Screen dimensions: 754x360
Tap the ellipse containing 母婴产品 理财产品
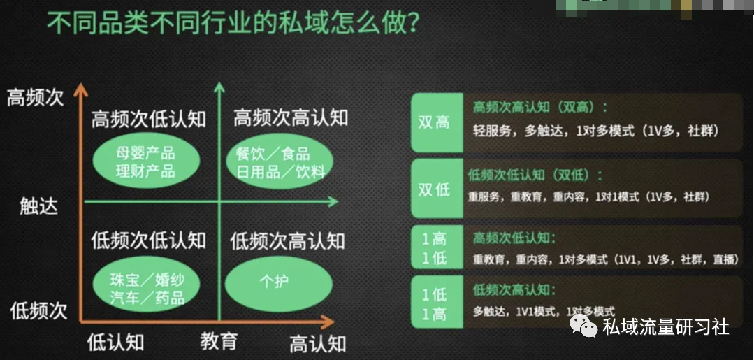click(x=146, y=161)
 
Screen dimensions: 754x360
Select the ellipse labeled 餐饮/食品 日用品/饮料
click(x=280, y=161)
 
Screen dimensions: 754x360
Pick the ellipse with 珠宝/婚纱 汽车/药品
click(x=146, y=288)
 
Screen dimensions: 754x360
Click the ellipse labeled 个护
click(x=279, y=287)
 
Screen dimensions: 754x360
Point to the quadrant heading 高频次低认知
click(x=148, y=119)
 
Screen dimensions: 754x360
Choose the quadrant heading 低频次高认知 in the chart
click(x=287, y=242)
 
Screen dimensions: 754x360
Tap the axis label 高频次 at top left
click(x=35, y=98)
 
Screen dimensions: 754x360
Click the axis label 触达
click(x=38, y=206)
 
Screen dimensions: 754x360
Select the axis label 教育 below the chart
click(x=219, y=341)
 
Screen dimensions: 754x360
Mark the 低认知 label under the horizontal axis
click(x=116, y=343)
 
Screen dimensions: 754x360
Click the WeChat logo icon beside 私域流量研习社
click(x=583, y=326)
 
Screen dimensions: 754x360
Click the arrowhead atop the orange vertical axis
click(x=80, y=89)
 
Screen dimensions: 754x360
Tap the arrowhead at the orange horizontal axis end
click(x=327, y=321)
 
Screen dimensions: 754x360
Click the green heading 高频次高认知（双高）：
click(x=540, y=107)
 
